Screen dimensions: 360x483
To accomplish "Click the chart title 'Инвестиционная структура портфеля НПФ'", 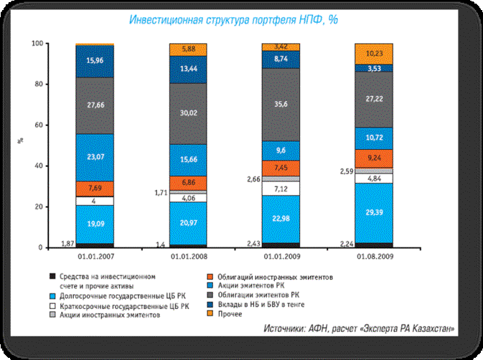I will [233, 19].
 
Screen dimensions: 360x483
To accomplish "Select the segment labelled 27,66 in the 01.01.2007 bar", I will [95, 105].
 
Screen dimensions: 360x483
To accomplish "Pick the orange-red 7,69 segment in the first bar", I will [95, 189].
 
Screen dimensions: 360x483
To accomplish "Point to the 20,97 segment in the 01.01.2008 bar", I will [188, 223].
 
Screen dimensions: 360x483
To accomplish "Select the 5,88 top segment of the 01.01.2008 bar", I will [188, 49].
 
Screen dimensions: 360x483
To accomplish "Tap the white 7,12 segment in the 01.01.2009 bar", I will [282, 188].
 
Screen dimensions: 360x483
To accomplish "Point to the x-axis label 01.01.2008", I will [188, 257].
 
